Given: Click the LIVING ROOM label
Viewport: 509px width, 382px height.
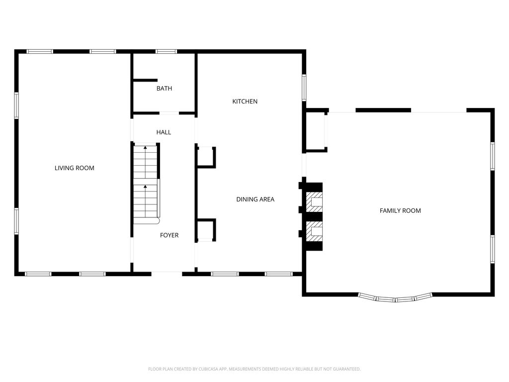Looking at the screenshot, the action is click(75, 168).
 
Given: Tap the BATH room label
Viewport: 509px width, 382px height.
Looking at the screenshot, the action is click(164, 89).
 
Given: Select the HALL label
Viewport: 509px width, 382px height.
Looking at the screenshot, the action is click(164, 132).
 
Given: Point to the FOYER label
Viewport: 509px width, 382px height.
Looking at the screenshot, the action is click(169, 235).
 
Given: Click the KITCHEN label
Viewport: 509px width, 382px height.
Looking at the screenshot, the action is click(245, 101).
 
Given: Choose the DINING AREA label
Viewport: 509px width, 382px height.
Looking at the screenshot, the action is click(255, 199).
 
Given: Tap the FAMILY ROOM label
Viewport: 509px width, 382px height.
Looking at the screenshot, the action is click(400, 210).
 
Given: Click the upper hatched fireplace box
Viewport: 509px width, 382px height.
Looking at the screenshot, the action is click(314, 202).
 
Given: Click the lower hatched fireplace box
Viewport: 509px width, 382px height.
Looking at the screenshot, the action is click(314, 231).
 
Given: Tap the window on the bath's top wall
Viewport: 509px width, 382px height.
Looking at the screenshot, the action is click(166, 51).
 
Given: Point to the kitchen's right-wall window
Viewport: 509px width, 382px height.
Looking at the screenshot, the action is click(304, 88).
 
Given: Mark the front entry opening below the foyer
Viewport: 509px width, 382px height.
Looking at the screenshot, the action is click(167, 274).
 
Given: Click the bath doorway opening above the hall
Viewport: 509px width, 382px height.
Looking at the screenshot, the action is click(169, 113).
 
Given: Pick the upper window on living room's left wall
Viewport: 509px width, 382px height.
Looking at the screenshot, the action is click(16, 105).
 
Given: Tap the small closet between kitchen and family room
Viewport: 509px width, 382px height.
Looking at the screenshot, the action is click(315, 131).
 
